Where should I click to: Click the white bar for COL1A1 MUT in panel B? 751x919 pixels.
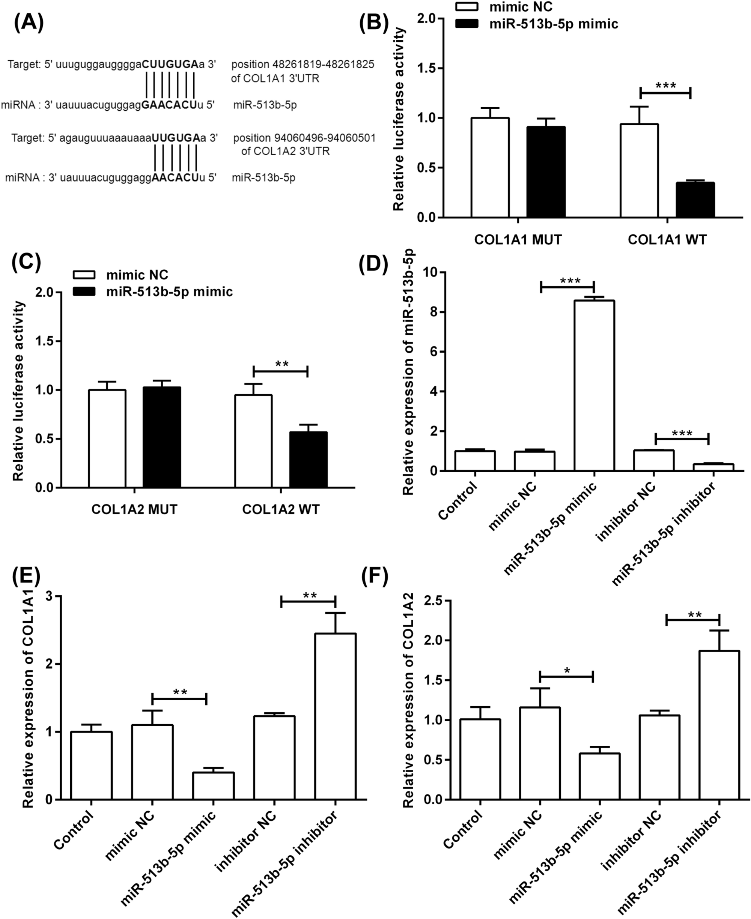click(490, 167)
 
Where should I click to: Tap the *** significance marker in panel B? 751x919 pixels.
click(665, 86)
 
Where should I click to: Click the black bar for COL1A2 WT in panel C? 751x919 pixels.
click(308, 459)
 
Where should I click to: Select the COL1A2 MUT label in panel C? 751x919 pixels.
click(134, 509)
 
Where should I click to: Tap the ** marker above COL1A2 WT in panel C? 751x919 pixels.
click(281, 364)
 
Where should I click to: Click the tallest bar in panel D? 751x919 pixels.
click(594, 386)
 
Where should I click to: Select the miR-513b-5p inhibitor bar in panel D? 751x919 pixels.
click(713, 467)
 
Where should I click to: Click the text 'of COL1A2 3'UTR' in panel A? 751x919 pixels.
click(285, 151)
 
